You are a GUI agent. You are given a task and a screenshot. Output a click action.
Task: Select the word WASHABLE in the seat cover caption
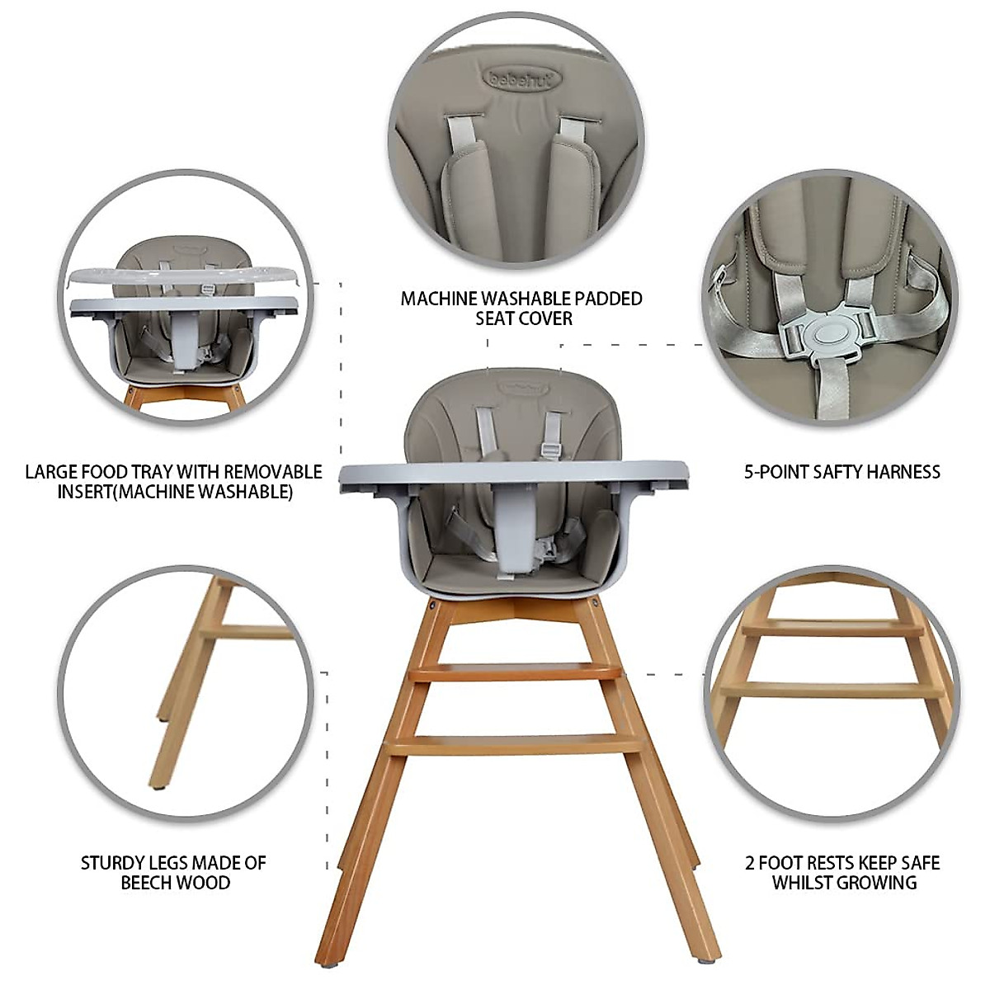[x=532, y=299]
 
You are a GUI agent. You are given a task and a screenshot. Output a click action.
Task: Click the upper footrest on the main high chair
[x=516, y=671]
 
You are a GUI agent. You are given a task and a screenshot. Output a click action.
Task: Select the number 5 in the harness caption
[x=749, y=472]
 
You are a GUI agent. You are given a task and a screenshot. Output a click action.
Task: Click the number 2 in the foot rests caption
[x=750, y=863]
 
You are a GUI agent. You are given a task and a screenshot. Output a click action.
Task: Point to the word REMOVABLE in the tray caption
[x=273, y=472]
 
